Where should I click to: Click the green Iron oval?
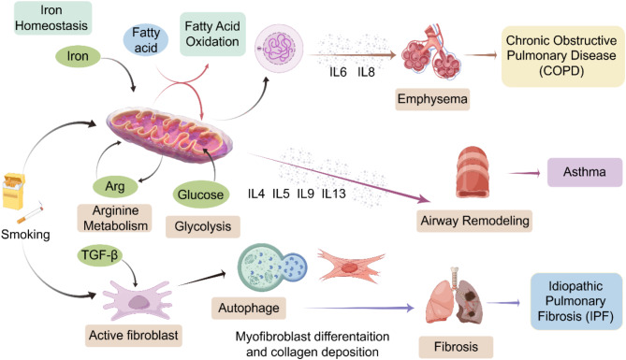coord(78,56)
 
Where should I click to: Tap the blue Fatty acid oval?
coord(146,40)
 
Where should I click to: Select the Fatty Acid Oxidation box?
coord(212,34)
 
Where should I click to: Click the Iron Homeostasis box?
coord(52,18)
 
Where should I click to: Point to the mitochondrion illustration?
coord(169,134)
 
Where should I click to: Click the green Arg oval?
coord(115,186)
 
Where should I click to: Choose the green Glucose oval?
coord(201,194)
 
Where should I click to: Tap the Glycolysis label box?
coord(203,226)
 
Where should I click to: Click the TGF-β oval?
coord(100,255)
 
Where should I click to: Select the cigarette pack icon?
coord(14,191)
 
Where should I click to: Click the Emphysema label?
coord(432,99)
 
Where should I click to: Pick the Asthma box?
coord(585,172)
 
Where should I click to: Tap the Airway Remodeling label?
coord(474,221)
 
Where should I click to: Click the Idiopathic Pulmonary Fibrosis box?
coord(575,301)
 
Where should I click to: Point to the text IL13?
coord(334,194)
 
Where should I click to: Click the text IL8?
coord(366,72)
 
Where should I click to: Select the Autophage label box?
coord(249,309)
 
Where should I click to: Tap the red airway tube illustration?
coord(473,172)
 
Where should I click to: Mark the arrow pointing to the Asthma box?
coord(525,173)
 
